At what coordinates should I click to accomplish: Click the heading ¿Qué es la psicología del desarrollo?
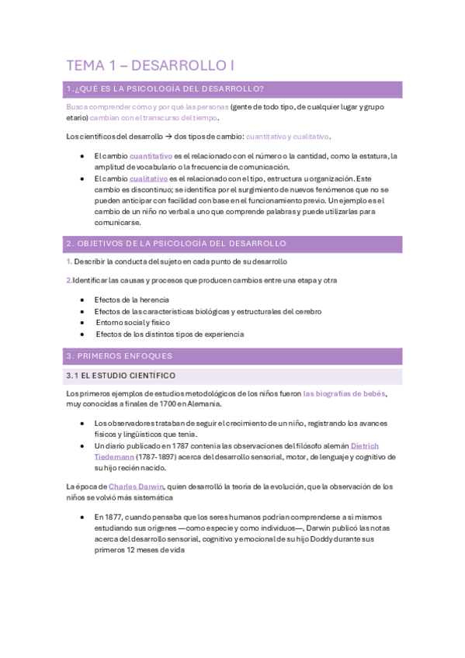(x=169, y=88)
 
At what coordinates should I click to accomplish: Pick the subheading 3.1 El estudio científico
(x=122, y=376)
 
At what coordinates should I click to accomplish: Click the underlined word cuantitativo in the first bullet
(x=151, y=156)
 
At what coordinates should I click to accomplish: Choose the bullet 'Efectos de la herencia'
(x=131, y=300)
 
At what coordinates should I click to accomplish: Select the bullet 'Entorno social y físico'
(x=133, y=323)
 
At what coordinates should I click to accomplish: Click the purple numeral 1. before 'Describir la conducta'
(x=69, y=261)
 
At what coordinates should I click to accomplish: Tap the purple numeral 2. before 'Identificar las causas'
(x=69, y=280)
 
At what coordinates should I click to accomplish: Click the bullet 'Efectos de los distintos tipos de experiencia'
(x=169, y=334)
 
